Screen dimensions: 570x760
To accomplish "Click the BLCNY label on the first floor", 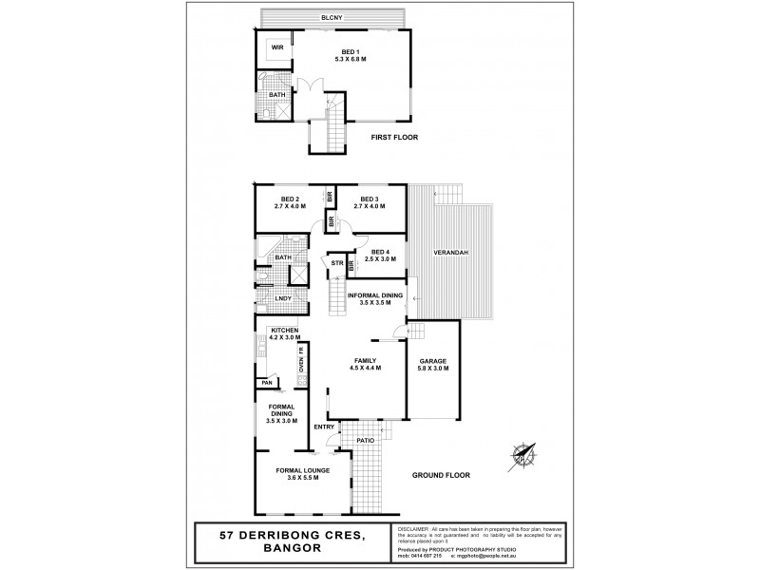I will [332, 18].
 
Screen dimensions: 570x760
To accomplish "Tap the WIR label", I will [278, 47].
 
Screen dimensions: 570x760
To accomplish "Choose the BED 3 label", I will [369, 199].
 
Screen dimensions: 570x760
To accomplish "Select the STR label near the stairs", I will [336, 262].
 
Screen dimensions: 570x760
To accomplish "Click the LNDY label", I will [284, 299].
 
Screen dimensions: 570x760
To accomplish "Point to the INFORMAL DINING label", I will [375, 295].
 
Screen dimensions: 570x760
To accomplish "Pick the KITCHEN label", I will [285, 330].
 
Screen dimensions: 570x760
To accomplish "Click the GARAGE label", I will [433, 362].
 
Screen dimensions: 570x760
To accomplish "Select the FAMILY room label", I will [366, 362].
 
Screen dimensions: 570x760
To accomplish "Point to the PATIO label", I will [367, 441].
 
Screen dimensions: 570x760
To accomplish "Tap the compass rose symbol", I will [522, 455].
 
